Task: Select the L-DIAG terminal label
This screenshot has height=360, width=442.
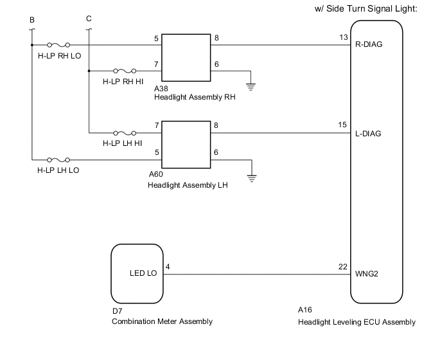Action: coord(368,134)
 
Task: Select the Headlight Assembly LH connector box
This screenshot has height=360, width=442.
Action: coord(187,144)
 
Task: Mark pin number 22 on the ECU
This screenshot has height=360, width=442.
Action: coord(344,266)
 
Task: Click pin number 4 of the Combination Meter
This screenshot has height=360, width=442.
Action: coord(168,266)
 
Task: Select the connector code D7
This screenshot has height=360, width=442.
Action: coord(117,311)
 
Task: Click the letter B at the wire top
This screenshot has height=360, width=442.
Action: coord(31,19)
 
